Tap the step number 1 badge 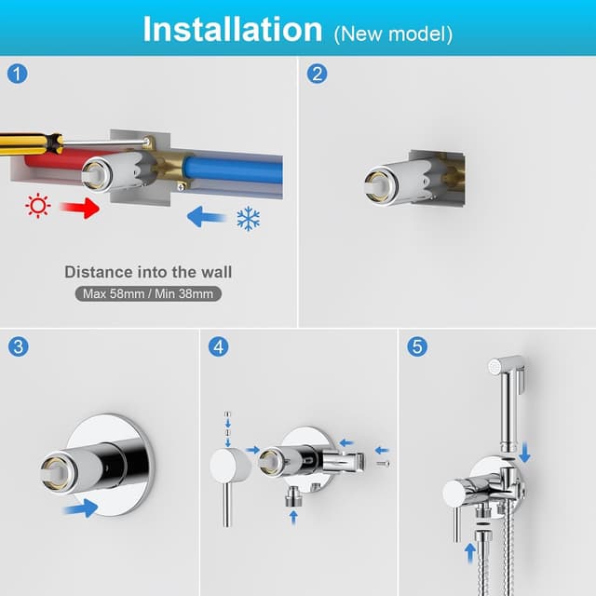pos(18,74)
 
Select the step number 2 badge pos(317,74)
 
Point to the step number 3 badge pos(18,346)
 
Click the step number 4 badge pos(219,346)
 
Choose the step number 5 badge pos(417,346)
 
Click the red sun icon pos(38,206)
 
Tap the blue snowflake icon pos(249,219)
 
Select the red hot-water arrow pos(80,208)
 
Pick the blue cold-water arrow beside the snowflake pos(207,217)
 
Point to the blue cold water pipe pos(233,170)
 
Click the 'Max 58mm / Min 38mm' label pos(148,294)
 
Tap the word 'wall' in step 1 pos(216,272)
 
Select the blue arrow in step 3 pos(81,508)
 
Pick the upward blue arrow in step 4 pos(293,517)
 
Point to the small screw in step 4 pos(383,464)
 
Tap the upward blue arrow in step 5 pos(470,552)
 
